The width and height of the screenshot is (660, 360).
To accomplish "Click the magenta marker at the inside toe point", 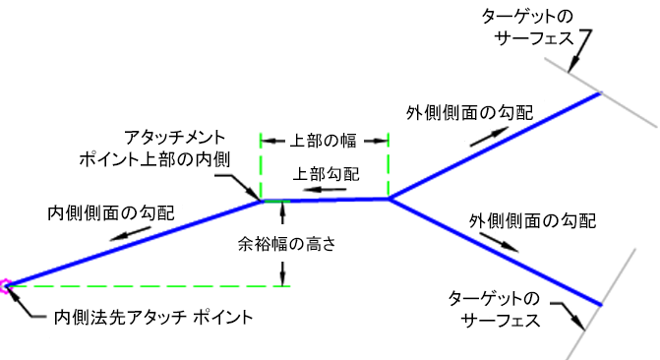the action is tap(5, 286).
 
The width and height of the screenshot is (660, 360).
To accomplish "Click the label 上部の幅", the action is tap(324, 141).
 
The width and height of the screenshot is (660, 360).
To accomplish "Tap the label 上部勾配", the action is tap(327, 174).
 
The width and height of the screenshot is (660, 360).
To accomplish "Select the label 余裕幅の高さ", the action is tap(287, 243).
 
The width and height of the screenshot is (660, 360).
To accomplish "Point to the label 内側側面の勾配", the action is tap(111, 212).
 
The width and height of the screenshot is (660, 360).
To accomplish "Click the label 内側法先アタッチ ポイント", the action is tap(153, 317).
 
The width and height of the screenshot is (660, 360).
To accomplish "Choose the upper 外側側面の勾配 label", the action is tap(470, 112).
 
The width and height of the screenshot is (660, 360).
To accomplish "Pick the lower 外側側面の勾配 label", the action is tap(532, 220).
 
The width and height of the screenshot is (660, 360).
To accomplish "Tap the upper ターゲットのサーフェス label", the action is tap(528, 28).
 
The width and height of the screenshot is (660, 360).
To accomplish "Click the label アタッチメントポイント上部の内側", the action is tap(154, 149).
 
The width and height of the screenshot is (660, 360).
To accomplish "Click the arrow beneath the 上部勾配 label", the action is tap(325, 190).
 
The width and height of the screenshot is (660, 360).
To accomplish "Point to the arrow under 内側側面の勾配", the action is tap(130, 234).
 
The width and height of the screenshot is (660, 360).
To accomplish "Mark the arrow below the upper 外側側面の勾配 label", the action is tap(490, 137).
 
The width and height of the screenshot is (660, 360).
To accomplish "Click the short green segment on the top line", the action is tap(277, 202).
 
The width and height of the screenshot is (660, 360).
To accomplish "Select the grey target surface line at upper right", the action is tap(601, 92).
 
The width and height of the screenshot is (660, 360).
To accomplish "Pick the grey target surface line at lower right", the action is tap(601, 304).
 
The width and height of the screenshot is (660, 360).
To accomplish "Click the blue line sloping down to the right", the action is tap(495, 252).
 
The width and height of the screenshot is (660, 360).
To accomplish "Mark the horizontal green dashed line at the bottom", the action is tap(149, 286).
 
